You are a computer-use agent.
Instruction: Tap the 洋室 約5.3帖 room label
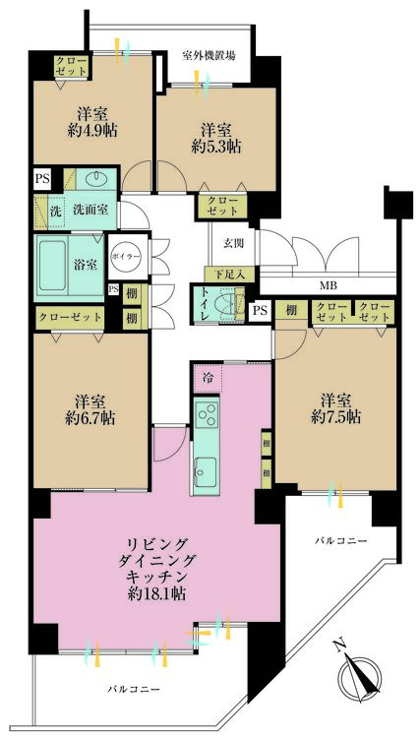click(x=216, y=139)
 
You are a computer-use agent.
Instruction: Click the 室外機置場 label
click(x=209, y=56)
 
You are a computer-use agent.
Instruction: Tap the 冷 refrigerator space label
click(x=209, y=376)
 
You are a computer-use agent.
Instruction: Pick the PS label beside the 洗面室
click(x=42, y=178)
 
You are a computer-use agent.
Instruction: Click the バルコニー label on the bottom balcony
click(x=134, y=690)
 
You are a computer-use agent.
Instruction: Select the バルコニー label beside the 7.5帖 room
click(x=340, y=541)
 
